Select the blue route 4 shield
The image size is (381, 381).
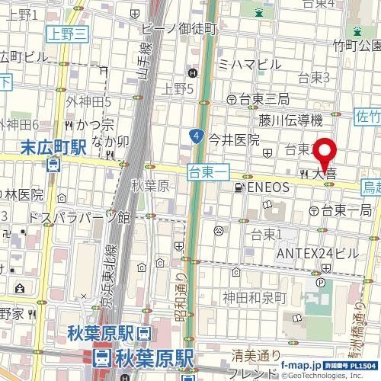point(197,137)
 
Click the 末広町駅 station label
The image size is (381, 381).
point(52,146)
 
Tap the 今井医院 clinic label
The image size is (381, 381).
point(235,139)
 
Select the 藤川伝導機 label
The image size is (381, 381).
point(291,119)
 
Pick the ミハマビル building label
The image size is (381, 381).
point(249,65)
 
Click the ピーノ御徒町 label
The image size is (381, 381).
point(180,28)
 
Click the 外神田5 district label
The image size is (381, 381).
point(88,101)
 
